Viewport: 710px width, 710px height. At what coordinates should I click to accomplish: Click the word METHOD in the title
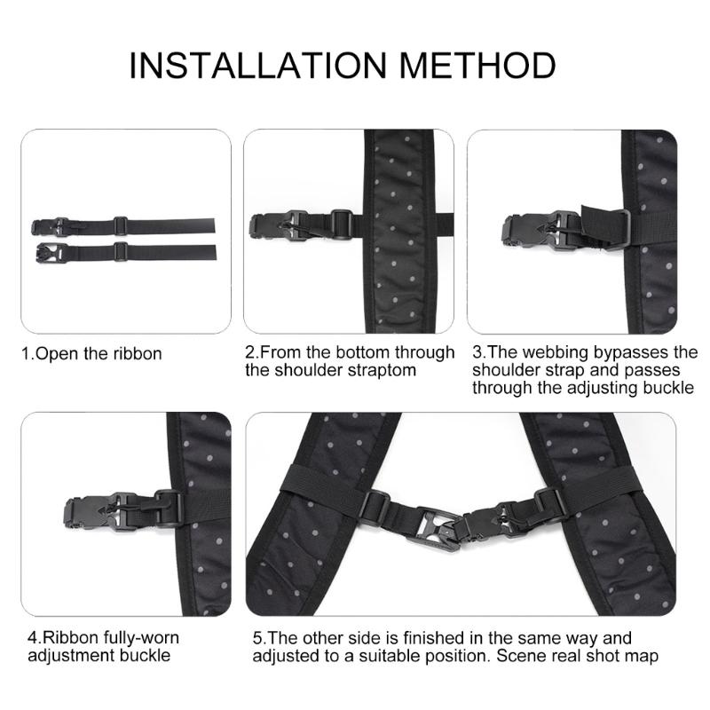479,66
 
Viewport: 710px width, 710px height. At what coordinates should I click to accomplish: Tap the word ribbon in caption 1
133,353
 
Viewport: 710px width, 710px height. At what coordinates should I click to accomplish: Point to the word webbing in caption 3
550,353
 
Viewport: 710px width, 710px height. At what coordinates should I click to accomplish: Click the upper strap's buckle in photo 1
48,225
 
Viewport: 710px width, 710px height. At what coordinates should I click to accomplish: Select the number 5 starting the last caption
256,638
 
